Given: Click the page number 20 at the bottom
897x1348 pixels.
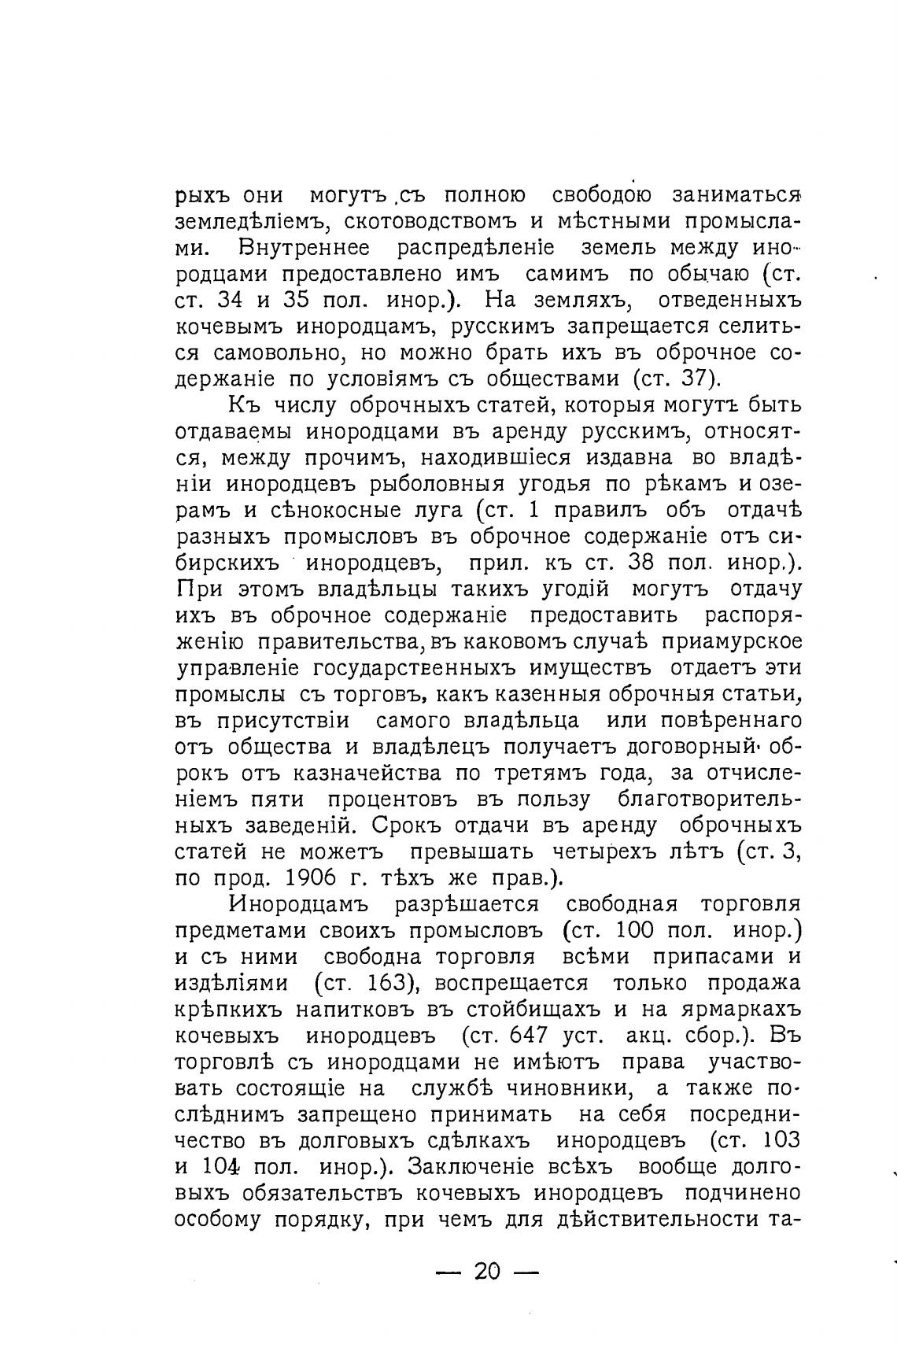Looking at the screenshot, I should pos(487,1271).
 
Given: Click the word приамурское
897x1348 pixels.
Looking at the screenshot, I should pos(731,642).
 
